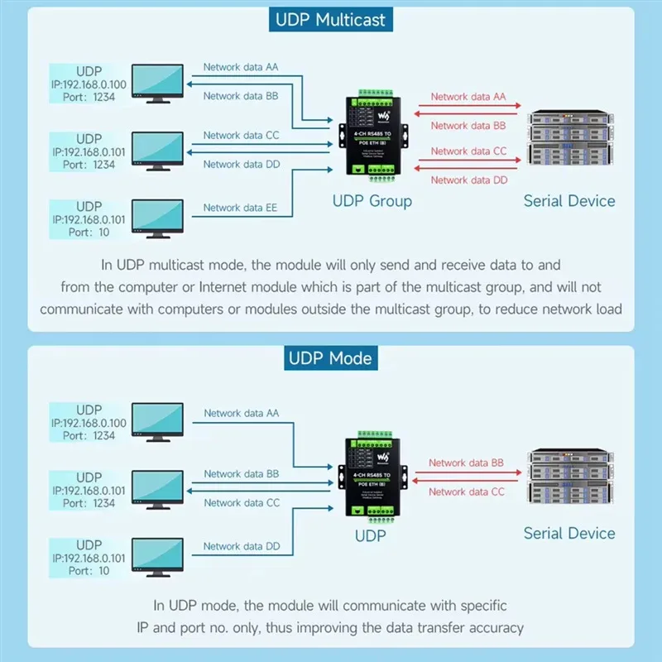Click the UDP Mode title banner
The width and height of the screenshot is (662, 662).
click(331, 358)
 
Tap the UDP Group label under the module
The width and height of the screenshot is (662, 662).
click(372, 200)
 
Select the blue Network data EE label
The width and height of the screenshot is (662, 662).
click(241, 209)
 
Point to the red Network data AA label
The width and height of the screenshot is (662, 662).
click(468, 97)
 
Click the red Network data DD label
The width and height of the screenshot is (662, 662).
click(468, 180)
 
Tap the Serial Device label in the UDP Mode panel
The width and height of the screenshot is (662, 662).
click(569, 533)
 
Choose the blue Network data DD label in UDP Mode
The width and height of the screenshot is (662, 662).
click(242, 546)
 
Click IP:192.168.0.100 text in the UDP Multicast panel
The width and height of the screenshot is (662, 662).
click(89, 84)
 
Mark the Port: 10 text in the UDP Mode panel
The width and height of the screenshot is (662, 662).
click(89, 571)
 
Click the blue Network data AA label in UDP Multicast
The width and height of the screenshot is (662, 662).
click(241, 68)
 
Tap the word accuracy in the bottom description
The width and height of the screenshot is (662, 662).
click(492, 627)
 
